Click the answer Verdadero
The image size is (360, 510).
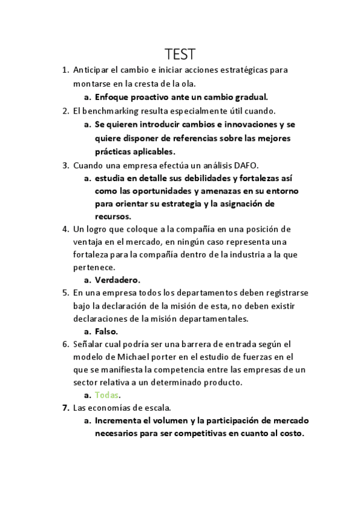pos(117,280)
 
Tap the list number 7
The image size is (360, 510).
pos(66,408)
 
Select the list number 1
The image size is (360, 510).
pos(65,70)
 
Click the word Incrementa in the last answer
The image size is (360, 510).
pos(123,421)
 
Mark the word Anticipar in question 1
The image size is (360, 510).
pos(91,70)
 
